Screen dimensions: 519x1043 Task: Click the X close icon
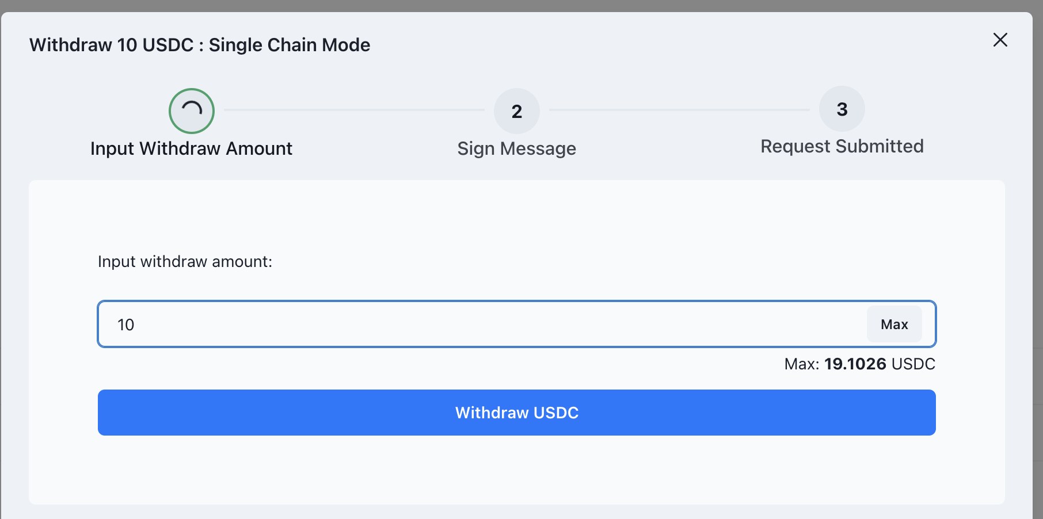click(x=1000, y=40)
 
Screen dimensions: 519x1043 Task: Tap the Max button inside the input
click(x=894, y=325)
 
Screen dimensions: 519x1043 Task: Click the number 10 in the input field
click(x=126, y=325)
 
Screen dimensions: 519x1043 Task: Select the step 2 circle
click(x=516, y=111)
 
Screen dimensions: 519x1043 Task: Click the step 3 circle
click(x=842, y=109)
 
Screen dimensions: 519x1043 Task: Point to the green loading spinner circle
click(x=192, y=111)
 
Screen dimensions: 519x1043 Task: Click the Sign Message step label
click(x=516, y=148)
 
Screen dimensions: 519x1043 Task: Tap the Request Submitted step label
click(x=842, y=146)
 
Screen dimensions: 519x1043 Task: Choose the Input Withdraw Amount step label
click(x=191, y=148)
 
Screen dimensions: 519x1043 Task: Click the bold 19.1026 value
click(x=855, y=364)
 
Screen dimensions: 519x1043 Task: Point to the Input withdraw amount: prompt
click(x=185, y=262)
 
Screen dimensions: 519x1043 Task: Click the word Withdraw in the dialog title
click(x=71, y=45)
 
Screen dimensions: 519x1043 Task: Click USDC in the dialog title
click(x=168, y=45)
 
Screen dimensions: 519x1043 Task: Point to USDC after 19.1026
click(x=913, y=364)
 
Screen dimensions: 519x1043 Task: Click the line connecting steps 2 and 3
click(x=679, y=110)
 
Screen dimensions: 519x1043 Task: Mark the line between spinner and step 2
click(x=354, y=110)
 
